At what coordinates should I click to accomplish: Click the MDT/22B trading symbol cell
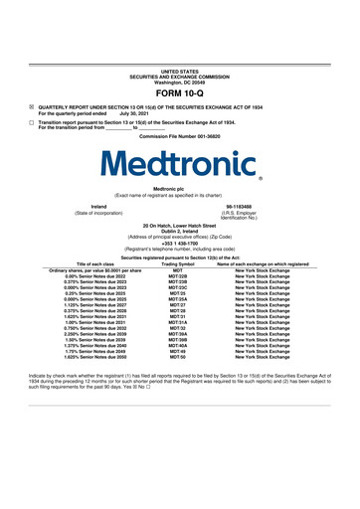(x=178, y=275)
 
